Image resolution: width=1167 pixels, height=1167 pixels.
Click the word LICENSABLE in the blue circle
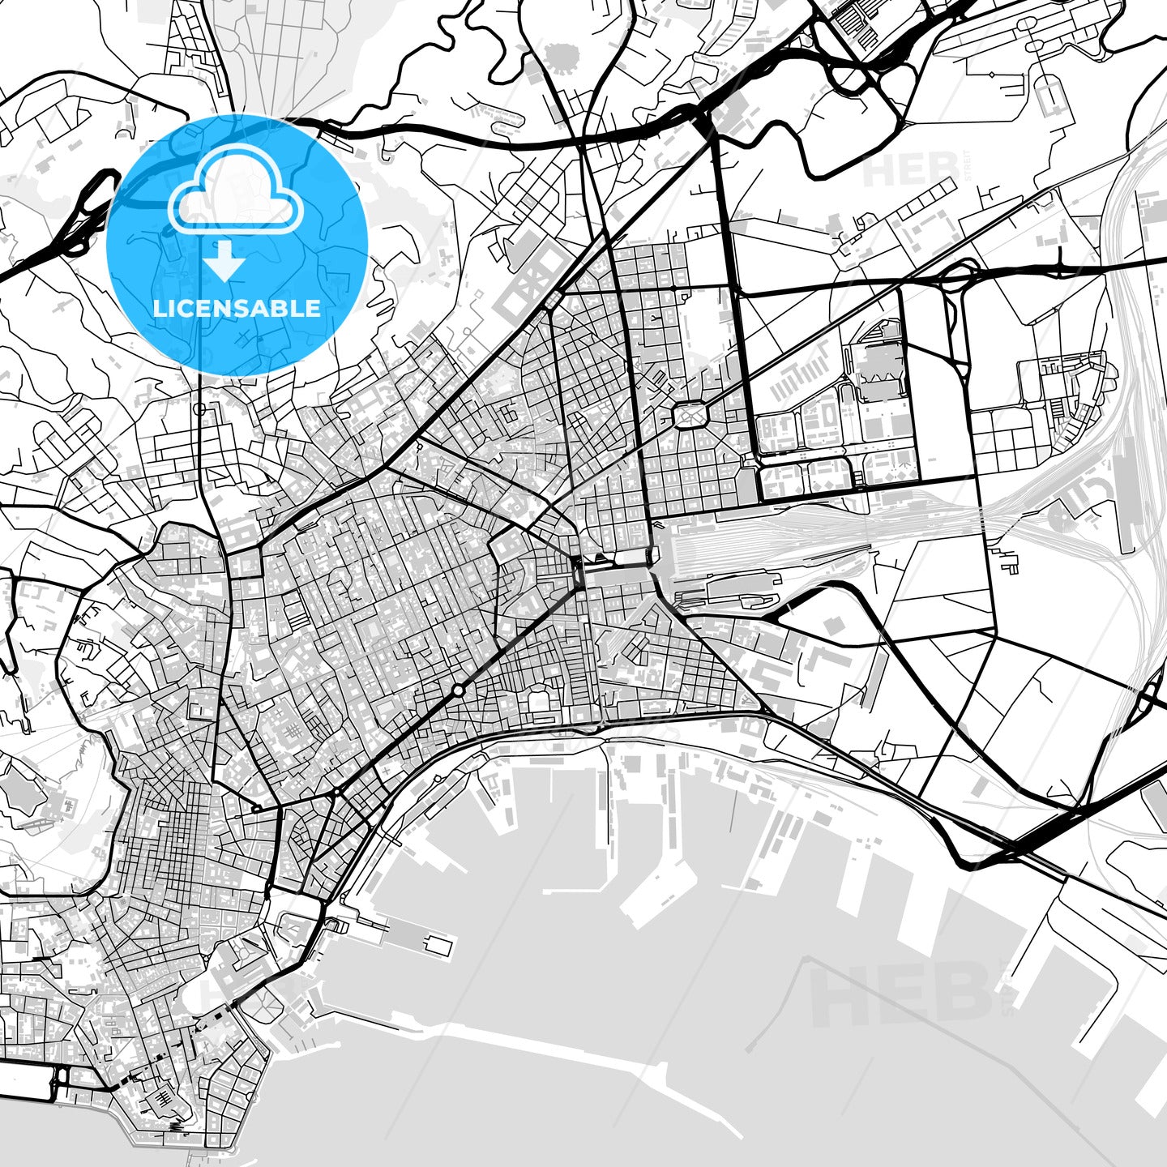tap(237, 309)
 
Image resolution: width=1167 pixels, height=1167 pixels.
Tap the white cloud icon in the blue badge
tap(235, 191)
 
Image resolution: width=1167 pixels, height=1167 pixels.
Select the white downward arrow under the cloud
tap(224, 263)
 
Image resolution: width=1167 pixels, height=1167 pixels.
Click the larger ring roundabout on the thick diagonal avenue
tap(459, 690)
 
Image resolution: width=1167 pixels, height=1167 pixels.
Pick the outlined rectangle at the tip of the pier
tap(438, 945)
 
